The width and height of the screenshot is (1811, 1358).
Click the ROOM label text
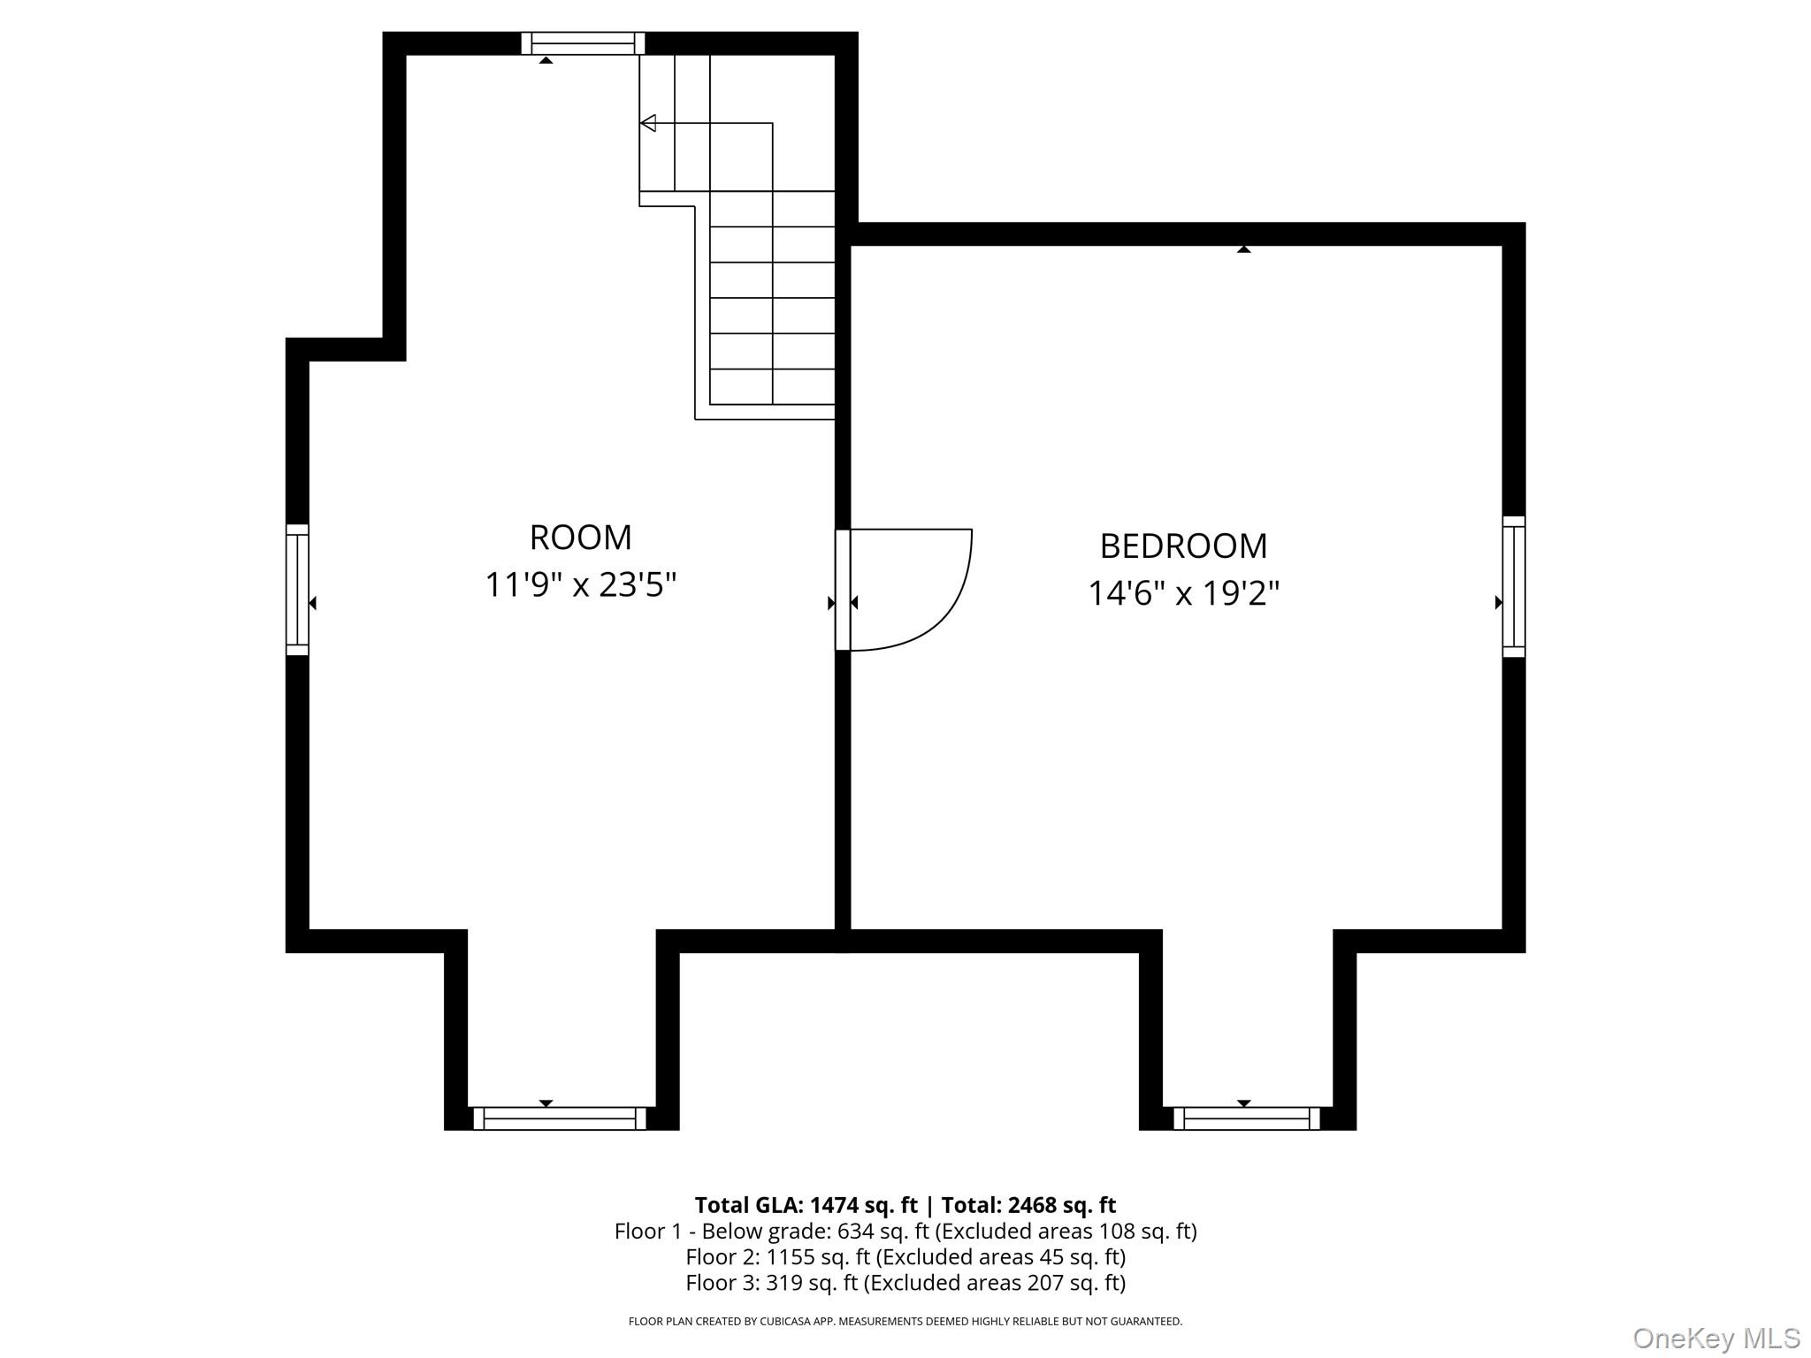[580, 538]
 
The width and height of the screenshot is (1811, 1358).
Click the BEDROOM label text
[1183, 546]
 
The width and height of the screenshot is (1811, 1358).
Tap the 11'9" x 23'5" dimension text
[580, 585]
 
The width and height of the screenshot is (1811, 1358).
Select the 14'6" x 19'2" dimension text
[1183, 593]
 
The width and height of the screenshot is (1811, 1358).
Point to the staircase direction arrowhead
[648, 123]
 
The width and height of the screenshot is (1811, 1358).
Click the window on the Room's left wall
[297, 590]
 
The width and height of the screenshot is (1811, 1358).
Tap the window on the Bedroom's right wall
[1514, 586]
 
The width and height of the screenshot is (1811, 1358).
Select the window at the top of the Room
[583, 43]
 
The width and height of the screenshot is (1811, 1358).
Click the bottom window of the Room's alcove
[560, 1118]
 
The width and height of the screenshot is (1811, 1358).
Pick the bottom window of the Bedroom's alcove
[1247, 1118]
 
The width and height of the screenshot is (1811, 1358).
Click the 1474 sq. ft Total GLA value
[864, 1205]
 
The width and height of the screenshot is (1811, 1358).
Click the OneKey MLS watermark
[1715, 1339]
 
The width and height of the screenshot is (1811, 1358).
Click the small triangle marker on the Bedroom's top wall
[1244, 249]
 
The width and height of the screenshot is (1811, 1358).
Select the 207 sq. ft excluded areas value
[1073, 1283]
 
